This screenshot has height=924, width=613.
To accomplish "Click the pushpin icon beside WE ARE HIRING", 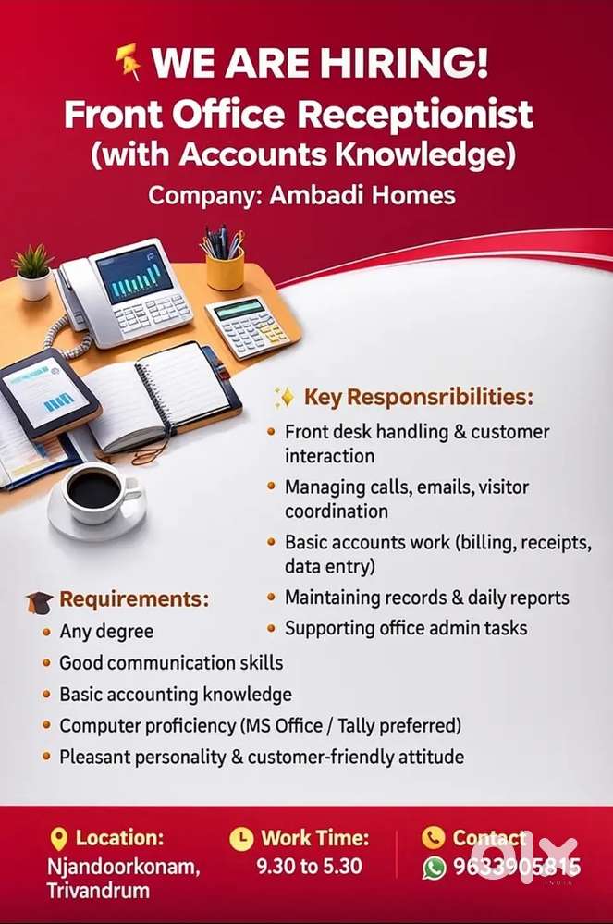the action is [x=129, y=61].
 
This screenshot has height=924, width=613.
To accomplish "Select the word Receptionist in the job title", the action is [x=416, y=115].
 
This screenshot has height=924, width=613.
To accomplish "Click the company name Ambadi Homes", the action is [x=362, y=196].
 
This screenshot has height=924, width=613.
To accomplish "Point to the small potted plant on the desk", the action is [x=33, y=272].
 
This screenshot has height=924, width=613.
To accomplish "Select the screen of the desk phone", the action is [x=135, y=274].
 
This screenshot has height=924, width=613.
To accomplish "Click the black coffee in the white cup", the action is [x=94, y=489].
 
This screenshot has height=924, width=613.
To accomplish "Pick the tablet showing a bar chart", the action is [x=48, y=393].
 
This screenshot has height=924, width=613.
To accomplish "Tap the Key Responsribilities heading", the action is [x=419, y=397].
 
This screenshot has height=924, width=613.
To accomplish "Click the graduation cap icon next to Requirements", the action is [x=40, y=601].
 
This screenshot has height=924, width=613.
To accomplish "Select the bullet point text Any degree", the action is [x=106, y=632].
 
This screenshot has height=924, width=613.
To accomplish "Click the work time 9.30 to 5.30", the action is [x=309, y=867].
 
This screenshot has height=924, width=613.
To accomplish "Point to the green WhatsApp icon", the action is [x=435, y=868].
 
